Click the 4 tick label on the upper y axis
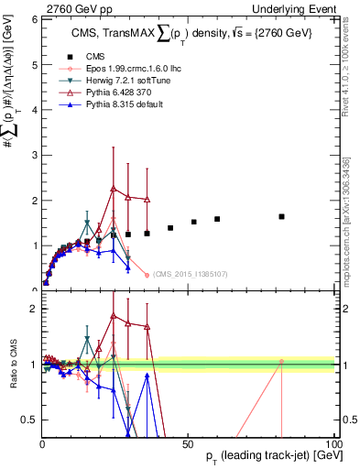pyautogui.click(x=32, y=110)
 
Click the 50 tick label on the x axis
pyautogui.click(x=187, y=442)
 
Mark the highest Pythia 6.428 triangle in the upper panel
pyautogui.click(x=113, y=189)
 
